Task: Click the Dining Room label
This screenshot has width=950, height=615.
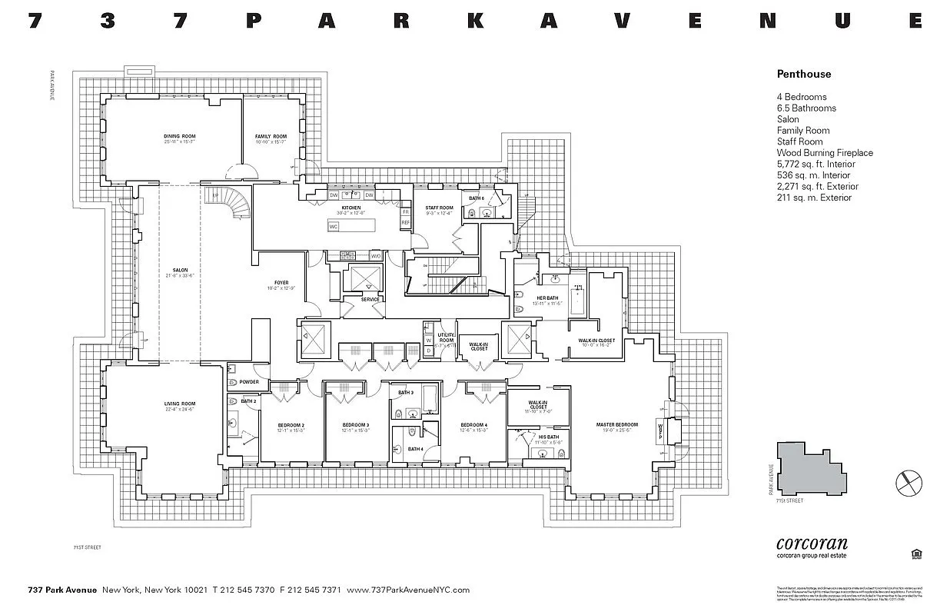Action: (179, 137)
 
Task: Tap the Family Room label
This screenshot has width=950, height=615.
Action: (271, 137)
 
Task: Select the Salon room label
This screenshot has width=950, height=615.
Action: (180, 271)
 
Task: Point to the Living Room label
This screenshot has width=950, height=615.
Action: (180, 404)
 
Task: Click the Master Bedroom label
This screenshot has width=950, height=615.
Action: (617, 425)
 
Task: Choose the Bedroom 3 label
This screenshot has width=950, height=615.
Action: (355, 425)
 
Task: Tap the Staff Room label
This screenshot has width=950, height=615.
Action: (439, 208)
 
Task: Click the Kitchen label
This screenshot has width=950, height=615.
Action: (350, 208)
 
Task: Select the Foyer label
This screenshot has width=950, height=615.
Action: (281, 283)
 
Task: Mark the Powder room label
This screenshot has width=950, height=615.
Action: (248, 382)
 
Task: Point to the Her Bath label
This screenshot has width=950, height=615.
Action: (547, 298)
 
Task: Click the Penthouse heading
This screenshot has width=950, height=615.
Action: (803, 75)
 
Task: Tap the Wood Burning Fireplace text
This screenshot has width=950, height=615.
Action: (825, 153)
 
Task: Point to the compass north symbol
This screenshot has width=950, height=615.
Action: (908, 482)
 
